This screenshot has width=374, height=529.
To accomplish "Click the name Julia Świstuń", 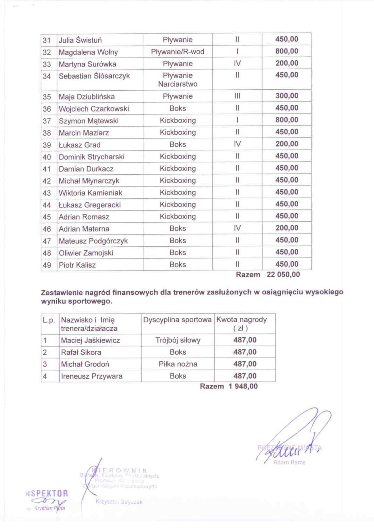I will point(80,40).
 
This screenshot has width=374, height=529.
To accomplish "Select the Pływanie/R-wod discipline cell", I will point(178,52).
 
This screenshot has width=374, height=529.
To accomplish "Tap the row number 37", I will point(47,121).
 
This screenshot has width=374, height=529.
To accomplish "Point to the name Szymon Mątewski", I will point(89,121).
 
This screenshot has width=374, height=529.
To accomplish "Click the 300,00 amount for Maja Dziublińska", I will point(287,96).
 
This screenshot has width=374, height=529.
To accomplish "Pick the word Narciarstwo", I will point(178,84).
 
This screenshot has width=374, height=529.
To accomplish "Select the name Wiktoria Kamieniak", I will point(90,193).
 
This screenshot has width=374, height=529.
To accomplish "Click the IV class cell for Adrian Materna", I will point(237,228).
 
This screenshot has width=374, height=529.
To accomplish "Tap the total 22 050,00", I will point(283,274).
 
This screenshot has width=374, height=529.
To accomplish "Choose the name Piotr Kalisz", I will point(77,265).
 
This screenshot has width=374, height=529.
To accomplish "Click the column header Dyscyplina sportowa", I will point(177,320).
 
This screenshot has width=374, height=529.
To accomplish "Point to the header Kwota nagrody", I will point(241,320).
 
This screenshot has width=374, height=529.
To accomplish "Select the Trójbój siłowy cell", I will point(178,340).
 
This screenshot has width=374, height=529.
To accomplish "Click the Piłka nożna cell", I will point(178,364).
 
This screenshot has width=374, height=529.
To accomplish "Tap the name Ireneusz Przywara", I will point(92,376).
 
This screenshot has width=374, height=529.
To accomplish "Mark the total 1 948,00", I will point(243,386).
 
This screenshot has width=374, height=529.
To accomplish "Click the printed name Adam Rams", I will point(289,462).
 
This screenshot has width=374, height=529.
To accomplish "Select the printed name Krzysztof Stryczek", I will point(119,502).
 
